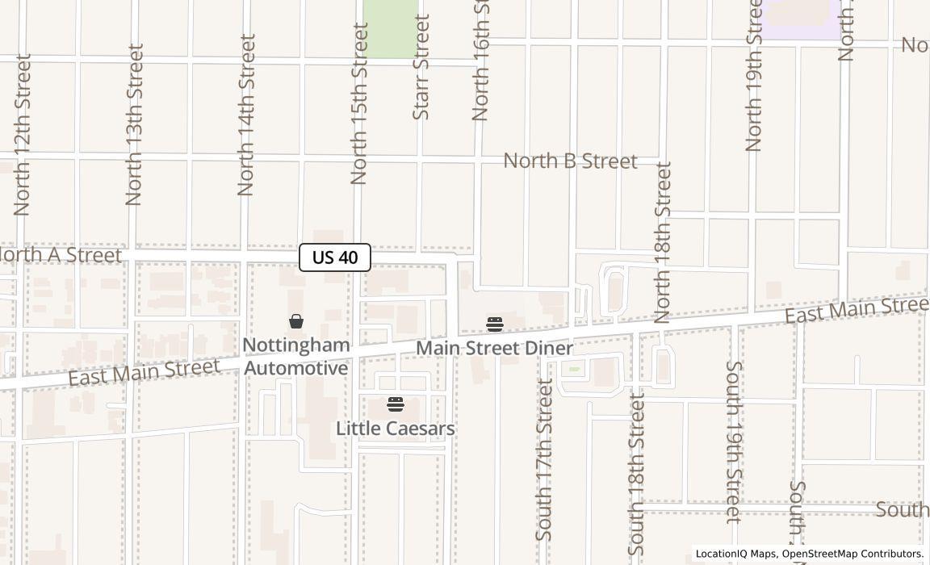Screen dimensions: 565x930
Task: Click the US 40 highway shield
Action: (x=335, y=257)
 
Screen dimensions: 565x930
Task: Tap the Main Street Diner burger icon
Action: (x=495, y=324)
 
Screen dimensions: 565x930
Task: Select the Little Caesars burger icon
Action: (x=396, y=404)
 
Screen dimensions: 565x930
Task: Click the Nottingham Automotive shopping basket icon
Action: (x=296, y=321)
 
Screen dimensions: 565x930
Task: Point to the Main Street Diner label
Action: (x=494, y=349)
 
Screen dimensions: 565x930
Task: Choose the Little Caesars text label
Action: (x=396, y=429)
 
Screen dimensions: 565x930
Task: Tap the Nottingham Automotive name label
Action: (x=296, y=357)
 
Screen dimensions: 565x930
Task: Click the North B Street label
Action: (x=570, y=161)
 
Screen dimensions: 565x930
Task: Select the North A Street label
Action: (x=60, y=255)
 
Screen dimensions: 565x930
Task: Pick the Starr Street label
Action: (x=421, y=67)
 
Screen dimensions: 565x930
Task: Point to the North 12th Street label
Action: (x=23, y=135)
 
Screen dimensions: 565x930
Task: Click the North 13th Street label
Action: (x=135, y=124)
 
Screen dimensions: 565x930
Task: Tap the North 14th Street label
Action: (x=246, y=115)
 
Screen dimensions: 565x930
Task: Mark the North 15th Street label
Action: (x=359, y=103)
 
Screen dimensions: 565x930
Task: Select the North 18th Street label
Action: (x=664, y=242)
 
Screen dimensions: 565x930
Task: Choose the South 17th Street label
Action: (x=545, y=460)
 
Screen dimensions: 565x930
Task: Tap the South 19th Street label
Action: (x=733, y=442)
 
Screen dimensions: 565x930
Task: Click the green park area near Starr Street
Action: (x=391, y=28)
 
